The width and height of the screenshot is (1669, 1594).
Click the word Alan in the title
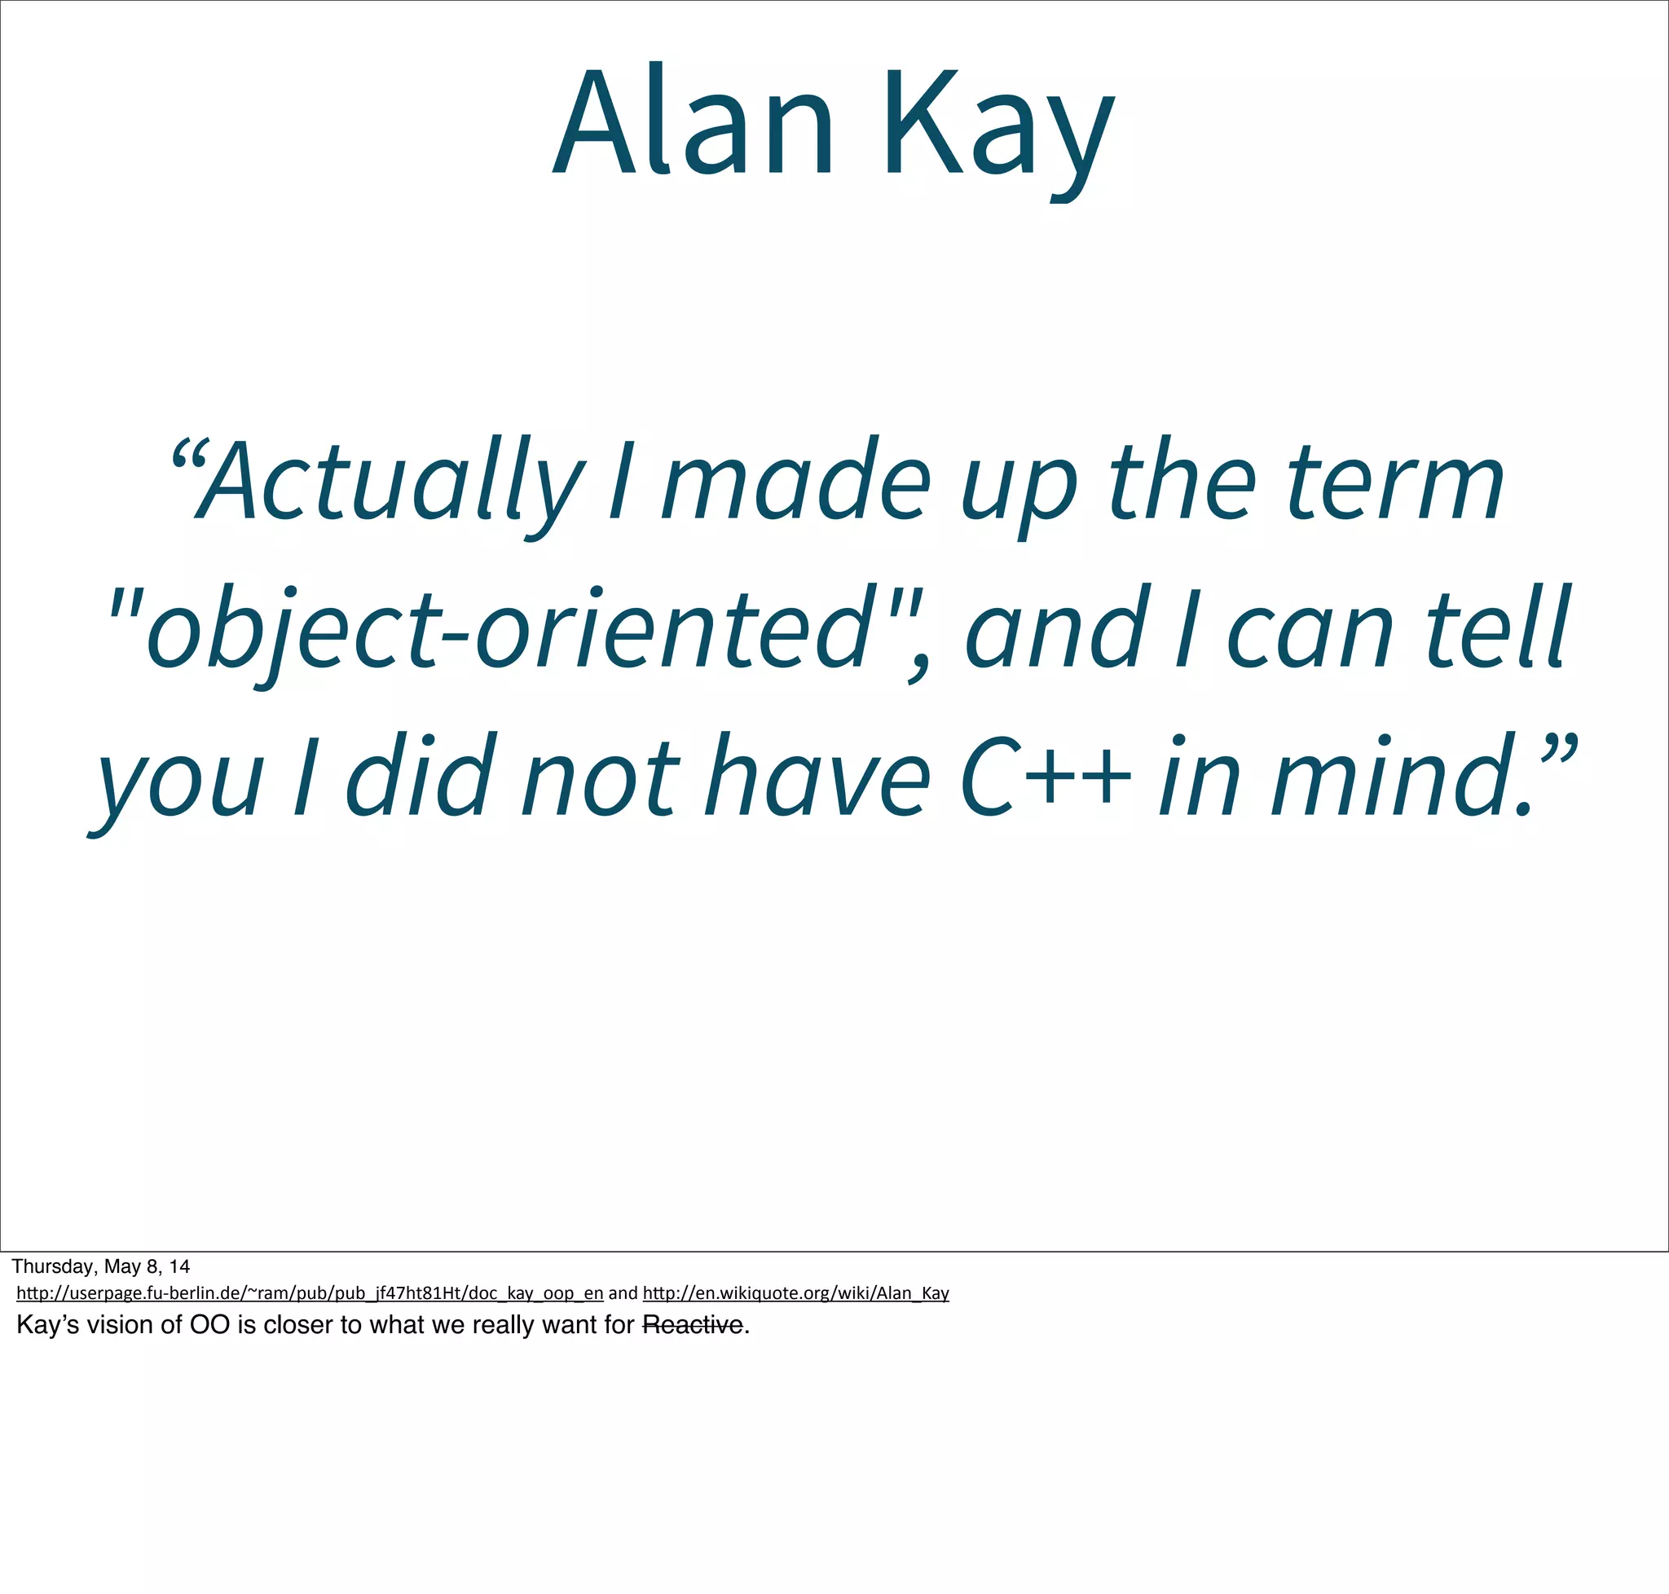(x=693, y=123)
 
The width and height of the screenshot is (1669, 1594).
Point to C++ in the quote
(x=1046, y=777)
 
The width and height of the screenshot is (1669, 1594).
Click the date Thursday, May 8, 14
(x=100, y=1267)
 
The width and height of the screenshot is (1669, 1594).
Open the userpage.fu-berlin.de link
(x=310, y=1293)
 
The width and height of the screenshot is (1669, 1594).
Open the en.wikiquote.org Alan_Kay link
(x=795, y=1293)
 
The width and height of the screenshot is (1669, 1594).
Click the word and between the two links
(x=623, y=1293)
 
